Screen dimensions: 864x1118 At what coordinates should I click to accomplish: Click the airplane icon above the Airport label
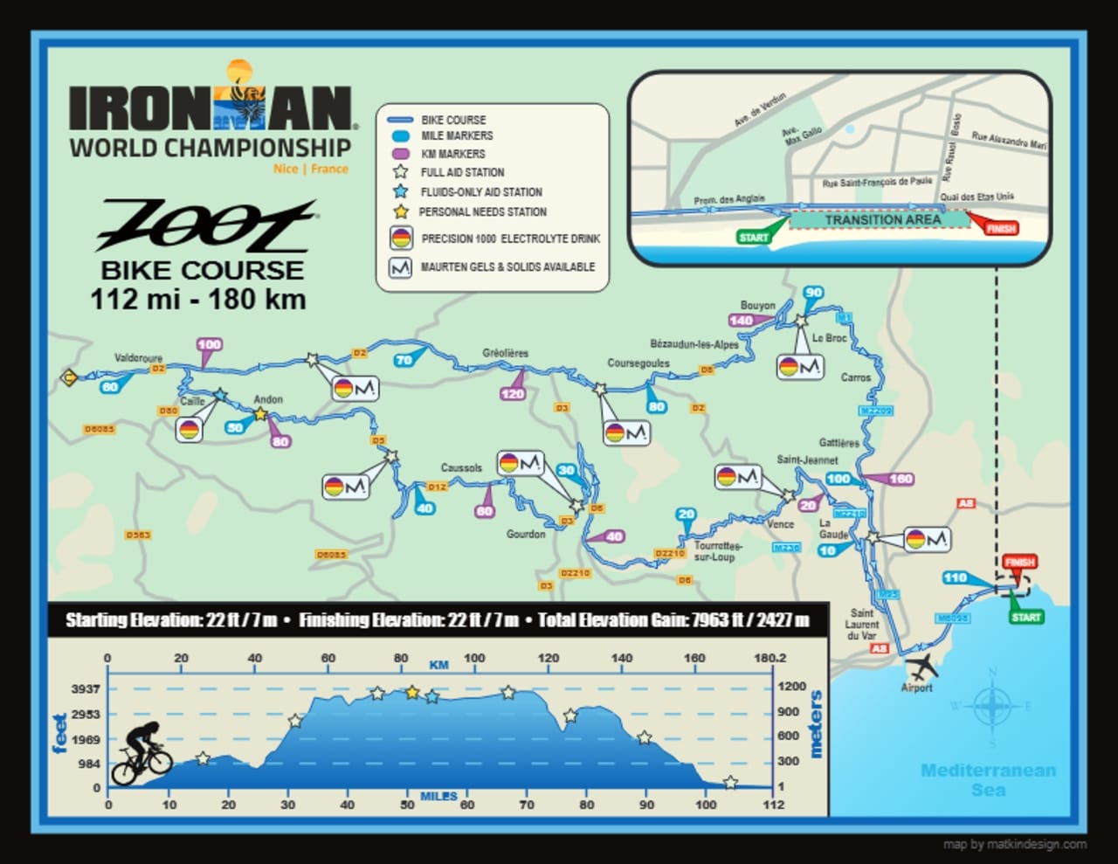tap(921, 667)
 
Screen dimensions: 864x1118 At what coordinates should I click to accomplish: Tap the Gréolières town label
tap(505, 353)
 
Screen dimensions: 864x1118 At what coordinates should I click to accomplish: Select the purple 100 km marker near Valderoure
tap(209, 344)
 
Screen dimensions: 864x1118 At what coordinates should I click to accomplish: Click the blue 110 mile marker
tap(956, 577)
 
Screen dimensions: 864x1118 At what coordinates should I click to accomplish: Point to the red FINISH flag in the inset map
tap(1000, 228)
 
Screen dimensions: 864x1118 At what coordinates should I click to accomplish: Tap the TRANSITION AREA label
tap(882, 219)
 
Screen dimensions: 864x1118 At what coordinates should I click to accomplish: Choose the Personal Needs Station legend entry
tap(482, 211)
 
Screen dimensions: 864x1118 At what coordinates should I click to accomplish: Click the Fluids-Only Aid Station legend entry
tap(480, 192)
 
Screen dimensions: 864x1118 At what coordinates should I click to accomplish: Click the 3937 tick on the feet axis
tap(86, 689)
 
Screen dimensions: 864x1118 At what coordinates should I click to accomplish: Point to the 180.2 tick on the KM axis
tap(769, 658)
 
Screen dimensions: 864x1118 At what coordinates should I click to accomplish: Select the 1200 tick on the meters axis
tap(791, 687)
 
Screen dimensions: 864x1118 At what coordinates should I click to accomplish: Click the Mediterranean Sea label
tap(988, 779)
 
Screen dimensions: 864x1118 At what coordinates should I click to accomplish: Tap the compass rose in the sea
tap(992, 706)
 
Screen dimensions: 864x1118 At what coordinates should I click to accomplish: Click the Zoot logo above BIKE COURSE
tap(206, 225)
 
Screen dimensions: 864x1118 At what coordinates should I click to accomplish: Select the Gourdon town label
tap(526, 534)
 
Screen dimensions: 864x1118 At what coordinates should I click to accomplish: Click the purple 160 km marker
tap(899, 479)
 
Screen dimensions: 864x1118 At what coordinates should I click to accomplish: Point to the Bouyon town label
tap(757, 306)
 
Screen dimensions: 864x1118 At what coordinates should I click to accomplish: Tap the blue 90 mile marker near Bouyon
tap(813, 293)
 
